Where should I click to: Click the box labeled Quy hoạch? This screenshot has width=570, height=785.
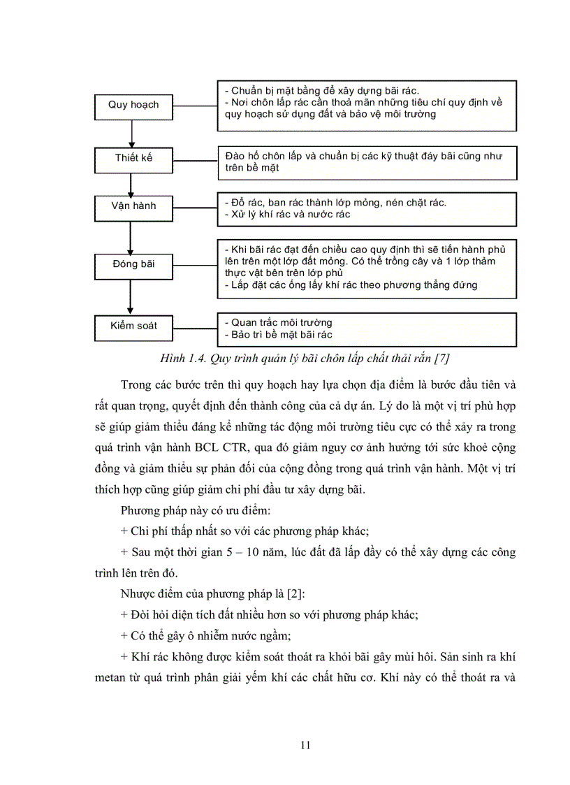pos(133,105)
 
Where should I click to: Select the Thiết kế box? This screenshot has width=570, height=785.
pos(133,158)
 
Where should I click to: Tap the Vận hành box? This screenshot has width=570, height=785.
pos(133,206)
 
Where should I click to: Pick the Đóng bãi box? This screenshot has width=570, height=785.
pos(133,264)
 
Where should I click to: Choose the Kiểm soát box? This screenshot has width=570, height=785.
pos(133,326)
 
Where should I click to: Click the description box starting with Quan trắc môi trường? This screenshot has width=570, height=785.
pos(367,329)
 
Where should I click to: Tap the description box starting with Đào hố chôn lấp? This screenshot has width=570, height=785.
pos(367,162)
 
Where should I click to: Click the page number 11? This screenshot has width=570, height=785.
pos(305,744)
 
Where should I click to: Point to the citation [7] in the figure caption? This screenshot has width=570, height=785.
pos(441,359)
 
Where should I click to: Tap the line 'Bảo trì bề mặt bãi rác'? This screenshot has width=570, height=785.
pos(278,336)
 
